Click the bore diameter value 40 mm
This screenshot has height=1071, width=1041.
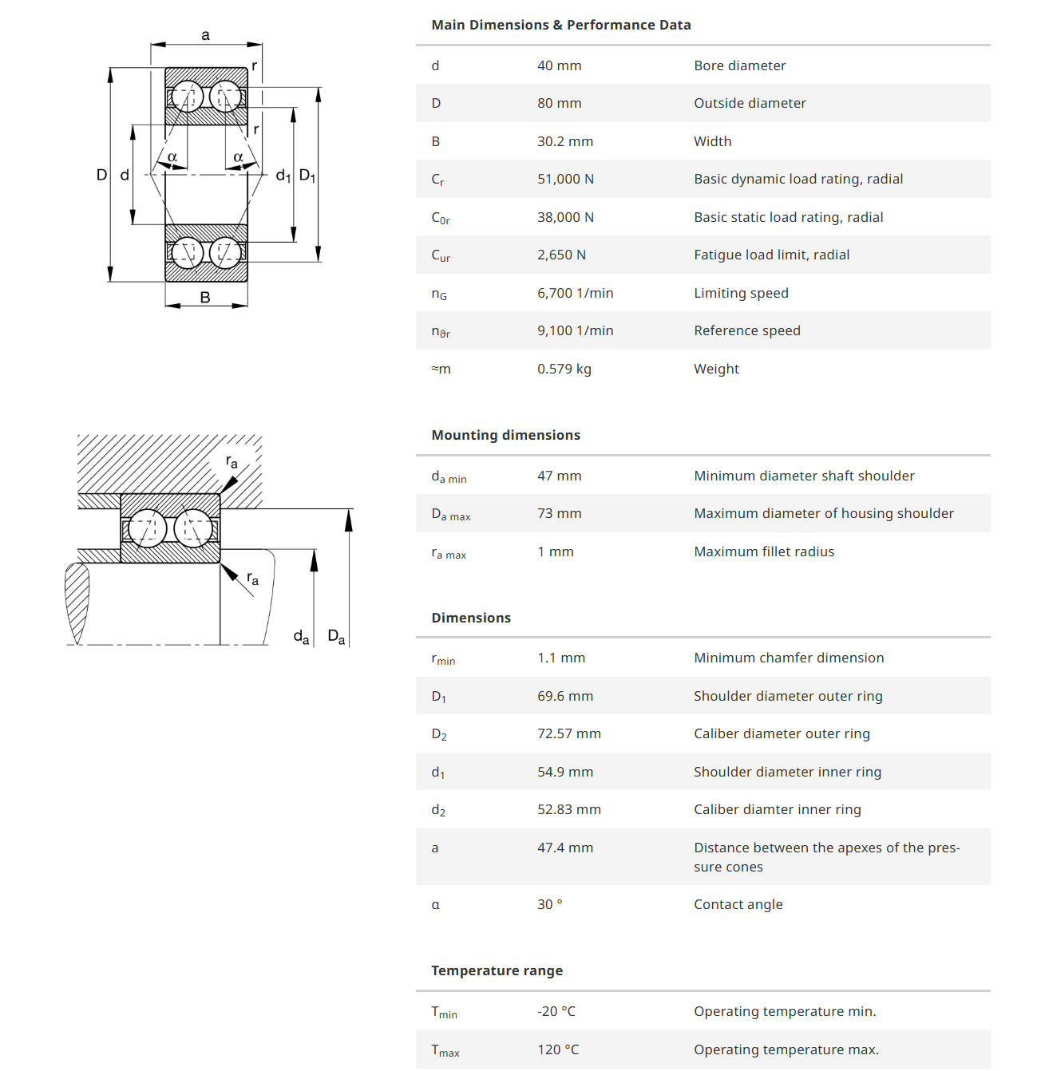click(x=559, y=65)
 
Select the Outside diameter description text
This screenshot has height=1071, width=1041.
click(x=750, y=103)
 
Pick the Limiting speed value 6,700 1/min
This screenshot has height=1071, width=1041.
click(x=575, y=293)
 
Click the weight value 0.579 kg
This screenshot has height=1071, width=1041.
click(x=564, y=369)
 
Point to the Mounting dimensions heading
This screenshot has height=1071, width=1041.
click(x=505, y=435)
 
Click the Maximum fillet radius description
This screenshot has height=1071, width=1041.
click(x=763, y=551)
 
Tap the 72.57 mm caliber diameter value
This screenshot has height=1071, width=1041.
click(x=568, y=733)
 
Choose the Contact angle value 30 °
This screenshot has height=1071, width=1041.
click(x=549, y=904)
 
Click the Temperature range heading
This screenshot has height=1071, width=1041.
click(x=497, y=970)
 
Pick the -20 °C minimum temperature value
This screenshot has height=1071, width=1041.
click(x=556, y=1011)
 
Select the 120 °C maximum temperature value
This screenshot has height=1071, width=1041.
click(x=557, y=1049)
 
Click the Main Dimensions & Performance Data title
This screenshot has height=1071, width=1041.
click(x=560, y=25)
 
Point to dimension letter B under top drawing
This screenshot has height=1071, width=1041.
click(x=205, y=298)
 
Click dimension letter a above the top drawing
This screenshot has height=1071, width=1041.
click(x=206, y=35)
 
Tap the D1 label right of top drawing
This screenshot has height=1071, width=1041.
click(x=307, y=176)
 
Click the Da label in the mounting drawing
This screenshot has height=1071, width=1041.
click(x=336, y=637)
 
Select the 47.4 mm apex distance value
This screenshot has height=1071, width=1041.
click(x=564, y=848)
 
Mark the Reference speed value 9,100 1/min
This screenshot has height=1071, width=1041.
click(x=575, y=330)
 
